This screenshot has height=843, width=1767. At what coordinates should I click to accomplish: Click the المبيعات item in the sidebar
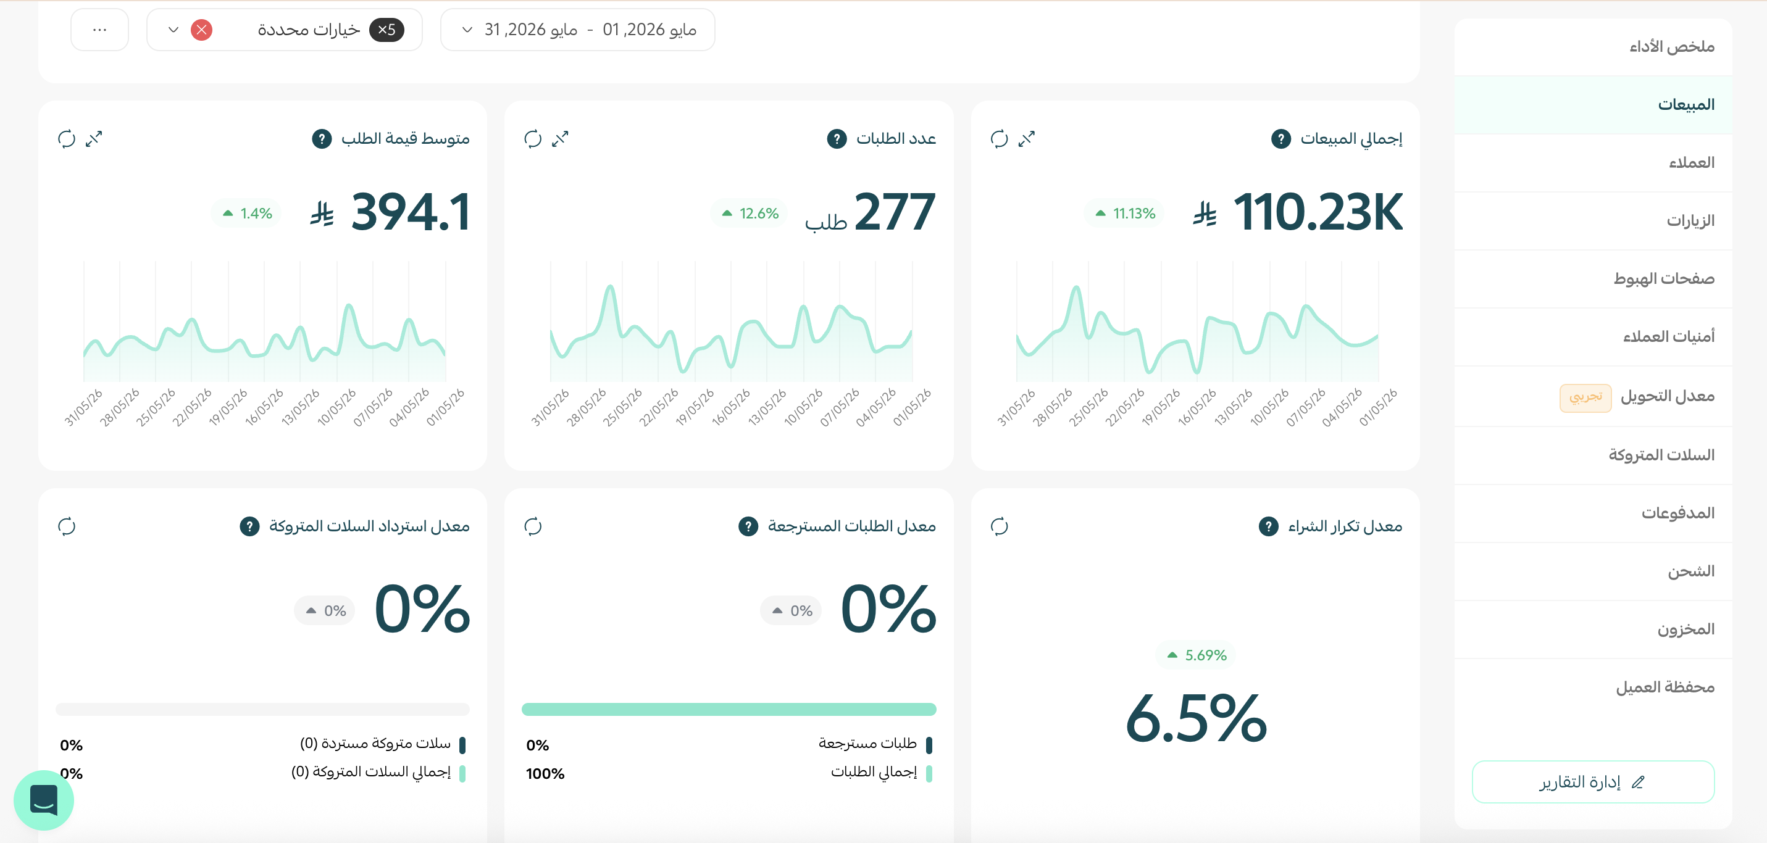(1686, 104)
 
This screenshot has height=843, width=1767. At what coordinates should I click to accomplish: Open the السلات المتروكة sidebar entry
(1661, 455)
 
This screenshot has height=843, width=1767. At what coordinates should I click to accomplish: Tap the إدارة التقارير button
(1593, 781)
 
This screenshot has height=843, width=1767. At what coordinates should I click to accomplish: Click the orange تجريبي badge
(1585, 397)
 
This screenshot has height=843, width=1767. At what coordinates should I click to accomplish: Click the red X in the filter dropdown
(201, 30)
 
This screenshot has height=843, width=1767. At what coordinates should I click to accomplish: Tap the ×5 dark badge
(386, 30)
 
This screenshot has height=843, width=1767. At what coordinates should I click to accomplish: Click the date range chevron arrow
(467, 30)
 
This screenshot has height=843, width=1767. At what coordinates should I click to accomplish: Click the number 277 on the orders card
(895, 212)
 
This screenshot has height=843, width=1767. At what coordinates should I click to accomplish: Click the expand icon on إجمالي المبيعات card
(1026, 139)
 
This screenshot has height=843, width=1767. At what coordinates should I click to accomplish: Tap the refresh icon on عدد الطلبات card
(533, 139)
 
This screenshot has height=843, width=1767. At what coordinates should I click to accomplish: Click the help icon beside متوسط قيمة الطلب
(322, 139)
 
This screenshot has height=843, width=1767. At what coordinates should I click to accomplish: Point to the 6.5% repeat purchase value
(1196, 719)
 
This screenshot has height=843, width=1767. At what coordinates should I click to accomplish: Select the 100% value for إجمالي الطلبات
(545, 774)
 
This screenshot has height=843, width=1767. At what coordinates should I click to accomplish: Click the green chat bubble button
(44, 800)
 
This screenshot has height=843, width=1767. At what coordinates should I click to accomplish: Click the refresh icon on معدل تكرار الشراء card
(1000, 526)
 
